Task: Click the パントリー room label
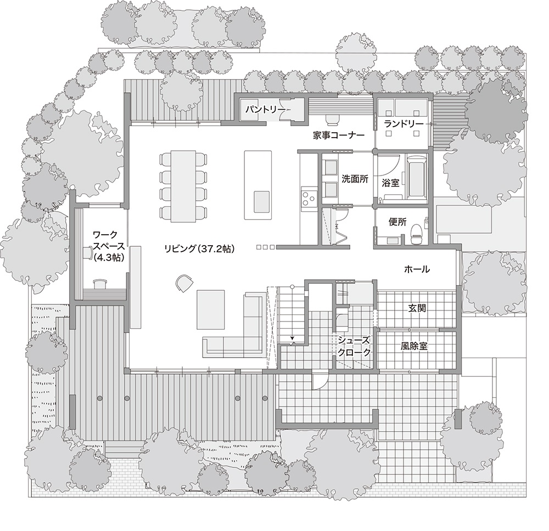pos(265,110)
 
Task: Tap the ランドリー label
pos(403,124)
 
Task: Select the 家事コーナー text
pos(339,135)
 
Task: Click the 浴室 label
pos(390,179)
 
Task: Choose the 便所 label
pos(397,222)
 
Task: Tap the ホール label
pos(416,269)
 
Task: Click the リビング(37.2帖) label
pos(199,248)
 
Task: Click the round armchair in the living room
pos(183,282)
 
